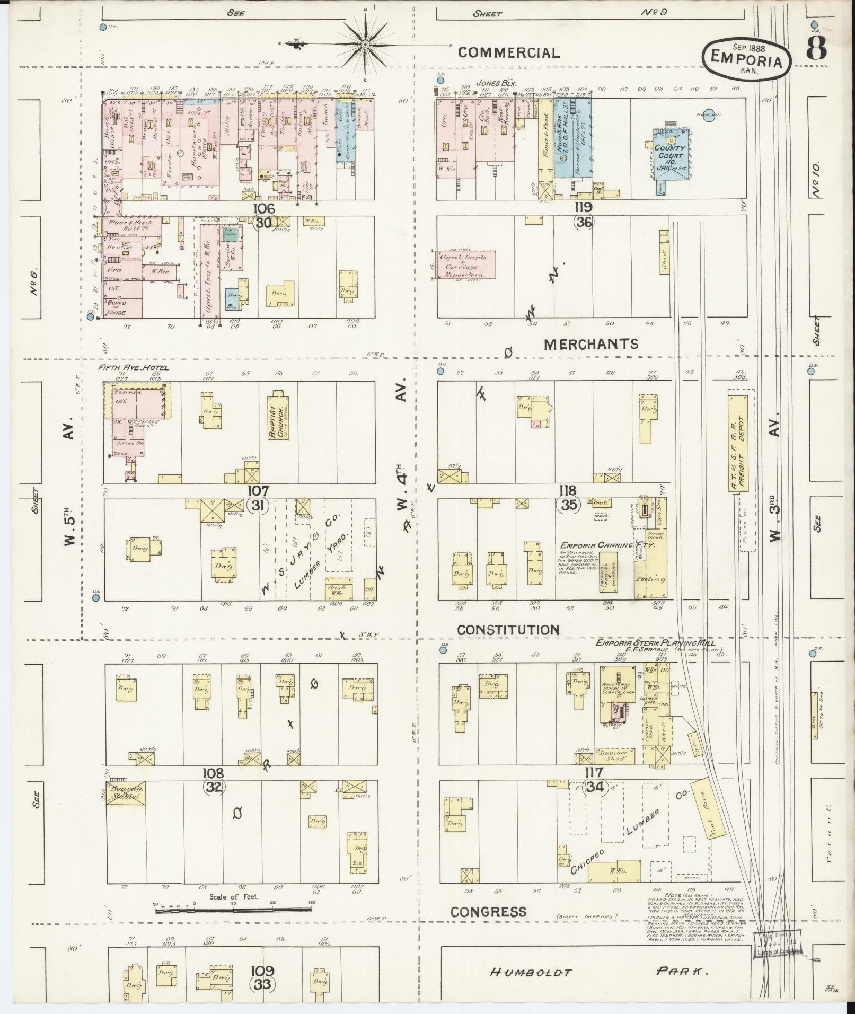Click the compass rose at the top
366,43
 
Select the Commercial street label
508,52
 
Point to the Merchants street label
591,344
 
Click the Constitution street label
508,630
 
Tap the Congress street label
489,912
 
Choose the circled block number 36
585,223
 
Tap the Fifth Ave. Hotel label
134,367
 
